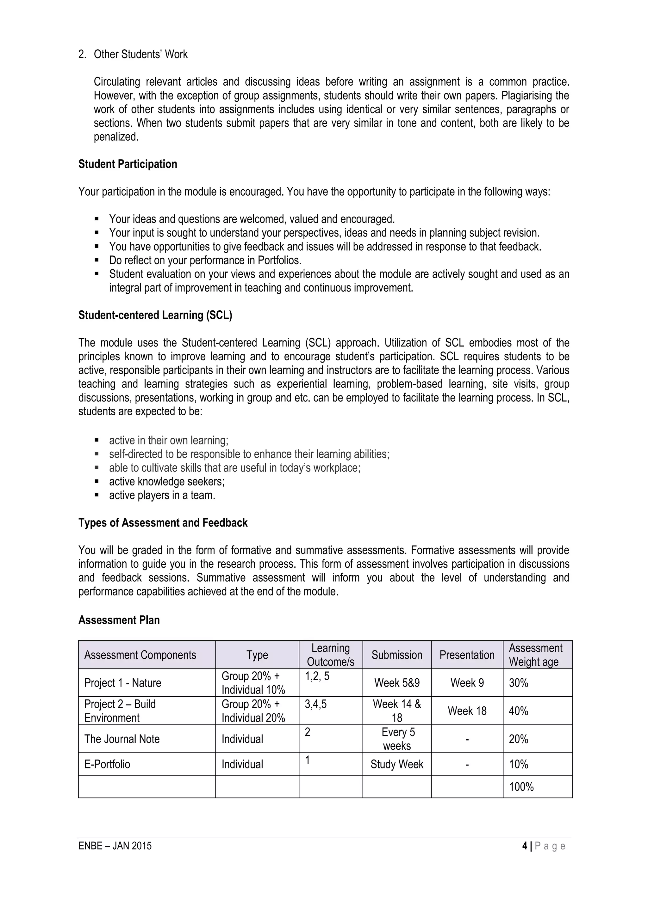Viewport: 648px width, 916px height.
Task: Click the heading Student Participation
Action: (x=128, y=164)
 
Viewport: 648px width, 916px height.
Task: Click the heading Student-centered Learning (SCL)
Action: (x=155, y=315)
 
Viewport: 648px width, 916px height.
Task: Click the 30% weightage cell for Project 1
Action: (x=518, y=683)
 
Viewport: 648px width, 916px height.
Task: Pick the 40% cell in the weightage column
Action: (x=518, y=711)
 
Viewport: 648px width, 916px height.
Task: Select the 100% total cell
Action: (x=521, y=787)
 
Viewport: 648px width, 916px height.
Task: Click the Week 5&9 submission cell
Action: (x=396, y=683)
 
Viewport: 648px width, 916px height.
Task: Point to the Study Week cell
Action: (x=396, y=764)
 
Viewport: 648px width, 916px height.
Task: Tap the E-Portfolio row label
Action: (x=107, y=764)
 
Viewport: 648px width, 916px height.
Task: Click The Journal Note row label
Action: (x=122, y=739)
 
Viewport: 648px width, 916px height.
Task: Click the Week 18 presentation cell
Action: (x=467, y=711)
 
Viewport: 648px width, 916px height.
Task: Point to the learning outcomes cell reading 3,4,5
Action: (x=315, y=704)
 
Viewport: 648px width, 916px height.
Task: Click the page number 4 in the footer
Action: (x=524, y=846)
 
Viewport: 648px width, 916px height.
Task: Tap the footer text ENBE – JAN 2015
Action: (x=115, y=846)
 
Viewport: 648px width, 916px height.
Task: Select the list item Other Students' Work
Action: (x=140, y=54)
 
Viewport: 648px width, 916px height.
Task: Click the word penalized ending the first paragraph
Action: (x=116, y=137)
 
